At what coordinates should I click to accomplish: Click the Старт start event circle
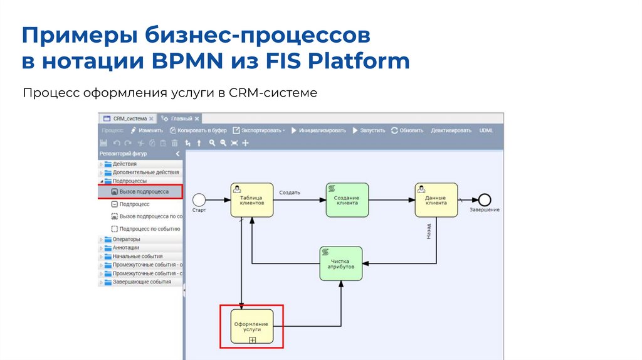click(x=199, y=199)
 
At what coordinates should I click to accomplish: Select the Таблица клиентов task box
click(x=252, y=200)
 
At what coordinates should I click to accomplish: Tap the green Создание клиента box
click(x=347, y=200)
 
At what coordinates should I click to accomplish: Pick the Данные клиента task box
click(x=436, y=200)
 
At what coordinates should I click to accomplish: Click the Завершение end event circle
click(x=484, y=199)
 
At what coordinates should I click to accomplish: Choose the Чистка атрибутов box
click(x=341, y=263)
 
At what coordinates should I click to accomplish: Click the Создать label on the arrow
click(x=290, y=193)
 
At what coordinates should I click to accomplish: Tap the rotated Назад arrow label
click(x=429, y=231)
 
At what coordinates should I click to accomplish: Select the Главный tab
click(x=181, y=119)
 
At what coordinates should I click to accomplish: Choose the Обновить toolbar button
click(x=407, y=130)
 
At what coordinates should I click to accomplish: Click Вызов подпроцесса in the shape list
click(x=143, y=192)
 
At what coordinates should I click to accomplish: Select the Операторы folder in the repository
click(x=127, y=239)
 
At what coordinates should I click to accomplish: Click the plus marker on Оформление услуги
click(x=253, y=340)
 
